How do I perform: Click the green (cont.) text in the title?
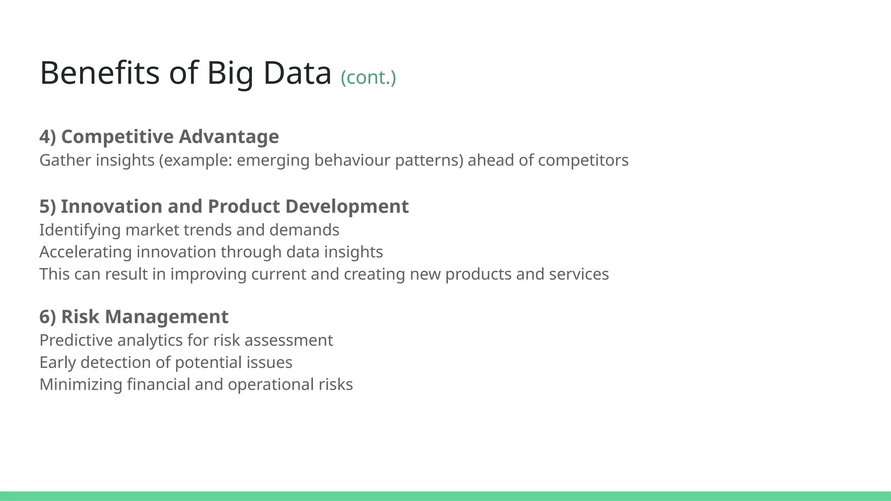[368, 78]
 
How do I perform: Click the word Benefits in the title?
[100, 73]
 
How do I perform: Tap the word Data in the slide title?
[297, 73]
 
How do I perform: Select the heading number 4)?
[48, 137]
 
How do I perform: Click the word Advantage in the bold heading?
[229, 137]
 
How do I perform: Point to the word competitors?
[583, 160]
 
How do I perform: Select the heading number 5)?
[48, 207]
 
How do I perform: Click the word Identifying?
[80, 230]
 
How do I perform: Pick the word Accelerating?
[85, 252]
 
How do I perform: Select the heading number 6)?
[48, 317]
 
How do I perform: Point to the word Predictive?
[76, 341]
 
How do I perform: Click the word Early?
[57, 363]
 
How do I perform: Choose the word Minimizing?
[80, 385]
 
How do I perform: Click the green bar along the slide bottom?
[445, 496]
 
